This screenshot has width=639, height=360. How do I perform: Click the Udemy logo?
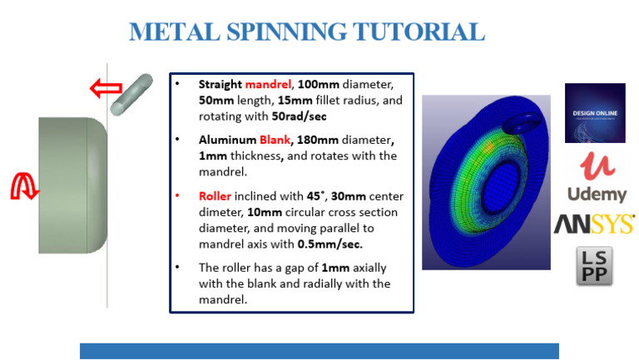(x=595, y=178)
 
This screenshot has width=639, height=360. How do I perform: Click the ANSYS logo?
(x=595, y=224)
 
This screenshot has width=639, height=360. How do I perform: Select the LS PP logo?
(x=594, y=266)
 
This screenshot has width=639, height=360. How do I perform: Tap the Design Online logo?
(x=594, y=112)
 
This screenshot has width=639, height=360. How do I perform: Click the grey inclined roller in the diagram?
(x=131, y=94)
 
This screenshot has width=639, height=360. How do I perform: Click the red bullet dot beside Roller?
(x=176, y=195)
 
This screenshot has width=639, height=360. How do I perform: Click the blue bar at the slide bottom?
(x=319, y=350)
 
